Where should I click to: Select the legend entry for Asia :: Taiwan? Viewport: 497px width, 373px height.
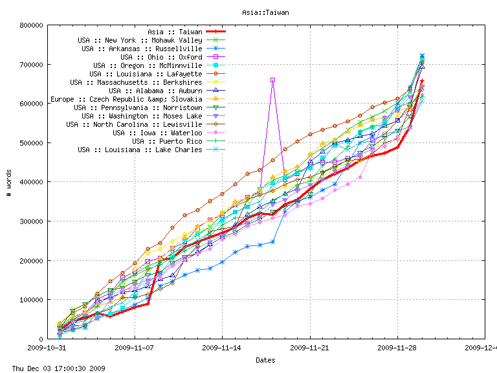pyautogui.click(x=175, y=31)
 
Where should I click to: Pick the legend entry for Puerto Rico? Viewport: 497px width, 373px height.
pyautogui.click(x=167, y=141)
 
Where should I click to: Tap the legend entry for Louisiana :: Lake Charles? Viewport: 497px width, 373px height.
pyautogui.click(x=140, y=150)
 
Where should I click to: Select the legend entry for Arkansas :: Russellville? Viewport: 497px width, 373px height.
pyautogui.click(x=142, y=49)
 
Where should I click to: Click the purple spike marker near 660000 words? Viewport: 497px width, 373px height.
pyautogui.click(x=272, y=80)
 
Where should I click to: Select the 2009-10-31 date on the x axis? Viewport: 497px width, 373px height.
pyautogui.click(x=47, y=348)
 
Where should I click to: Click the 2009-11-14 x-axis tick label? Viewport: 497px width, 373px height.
pyautogui.click(x=222, y=348)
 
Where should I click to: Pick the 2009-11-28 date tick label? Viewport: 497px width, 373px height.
pyautogui.click(x=397, y=348)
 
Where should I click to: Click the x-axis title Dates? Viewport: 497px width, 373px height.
pyautogui.click(x=265, y=360)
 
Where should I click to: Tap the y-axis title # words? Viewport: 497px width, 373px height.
pyautogui.click(x=8, y=183)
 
